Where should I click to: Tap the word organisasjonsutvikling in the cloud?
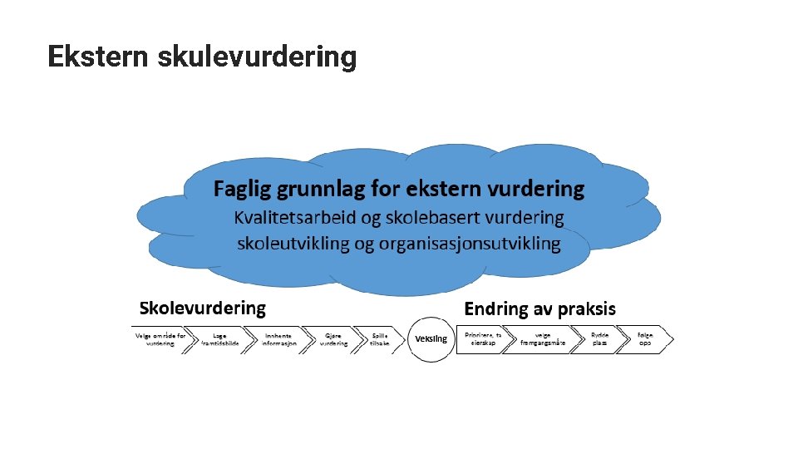470,244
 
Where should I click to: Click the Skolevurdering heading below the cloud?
203,308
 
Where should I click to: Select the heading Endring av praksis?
540,309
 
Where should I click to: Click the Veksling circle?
431,338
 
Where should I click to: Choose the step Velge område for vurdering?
162,339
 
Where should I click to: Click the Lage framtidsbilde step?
220,339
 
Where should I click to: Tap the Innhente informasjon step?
279,339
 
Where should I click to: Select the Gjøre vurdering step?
334,339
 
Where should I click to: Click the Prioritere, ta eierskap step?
482,339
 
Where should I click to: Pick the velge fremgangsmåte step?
544,339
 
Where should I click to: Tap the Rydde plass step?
600,339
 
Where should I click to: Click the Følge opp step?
645,339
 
